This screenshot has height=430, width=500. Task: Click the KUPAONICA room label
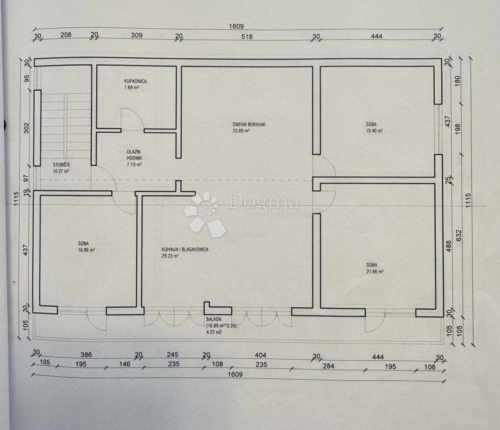click(135, 82)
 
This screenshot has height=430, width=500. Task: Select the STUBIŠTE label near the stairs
click(61, 165)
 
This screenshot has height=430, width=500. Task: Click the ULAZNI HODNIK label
click(135, 155)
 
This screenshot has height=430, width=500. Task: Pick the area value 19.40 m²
click(374, 131)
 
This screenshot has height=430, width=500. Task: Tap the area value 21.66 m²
click(375, 271)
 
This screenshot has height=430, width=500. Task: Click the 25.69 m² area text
click(241, 131)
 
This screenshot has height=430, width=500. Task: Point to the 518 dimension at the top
click(247, 37)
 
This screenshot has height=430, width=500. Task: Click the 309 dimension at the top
click(137, 35)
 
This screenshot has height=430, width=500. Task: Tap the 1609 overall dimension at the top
click(236, 26)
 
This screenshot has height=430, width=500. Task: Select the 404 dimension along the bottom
click(260, 355)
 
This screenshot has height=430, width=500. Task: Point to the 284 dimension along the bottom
click(329, 366)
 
